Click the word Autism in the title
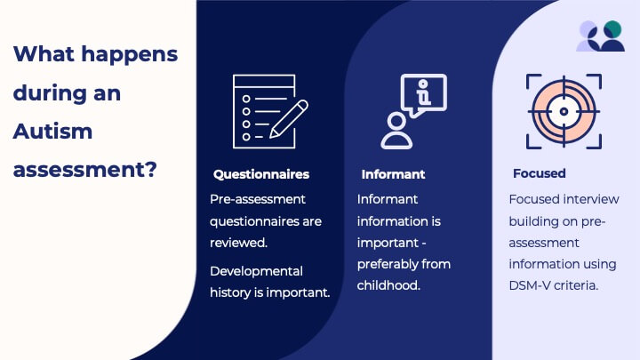click(x=52, y=132)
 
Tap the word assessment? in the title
click(x=85, y=170)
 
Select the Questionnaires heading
click(x=261, y=174)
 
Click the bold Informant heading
click(x=393, y=174)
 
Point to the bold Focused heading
click(x=540, y=173)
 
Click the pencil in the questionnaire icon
click(x=289, y=119)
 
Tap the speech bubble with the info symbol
click(x=424, y=95)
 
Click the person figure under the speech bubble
click(x=396, y=131)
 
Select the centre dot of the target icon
click(x=564, y=111)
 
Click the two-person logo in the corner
click(x=600, y=36)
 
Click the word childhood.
click(x=388, y=285)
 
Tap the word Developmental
click(x=256, y=271)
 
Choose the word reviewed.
click(x=238, y=243)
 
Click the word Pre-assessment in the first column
click(x=258, y=199)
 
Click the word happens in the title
click(x=130, y=55)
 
